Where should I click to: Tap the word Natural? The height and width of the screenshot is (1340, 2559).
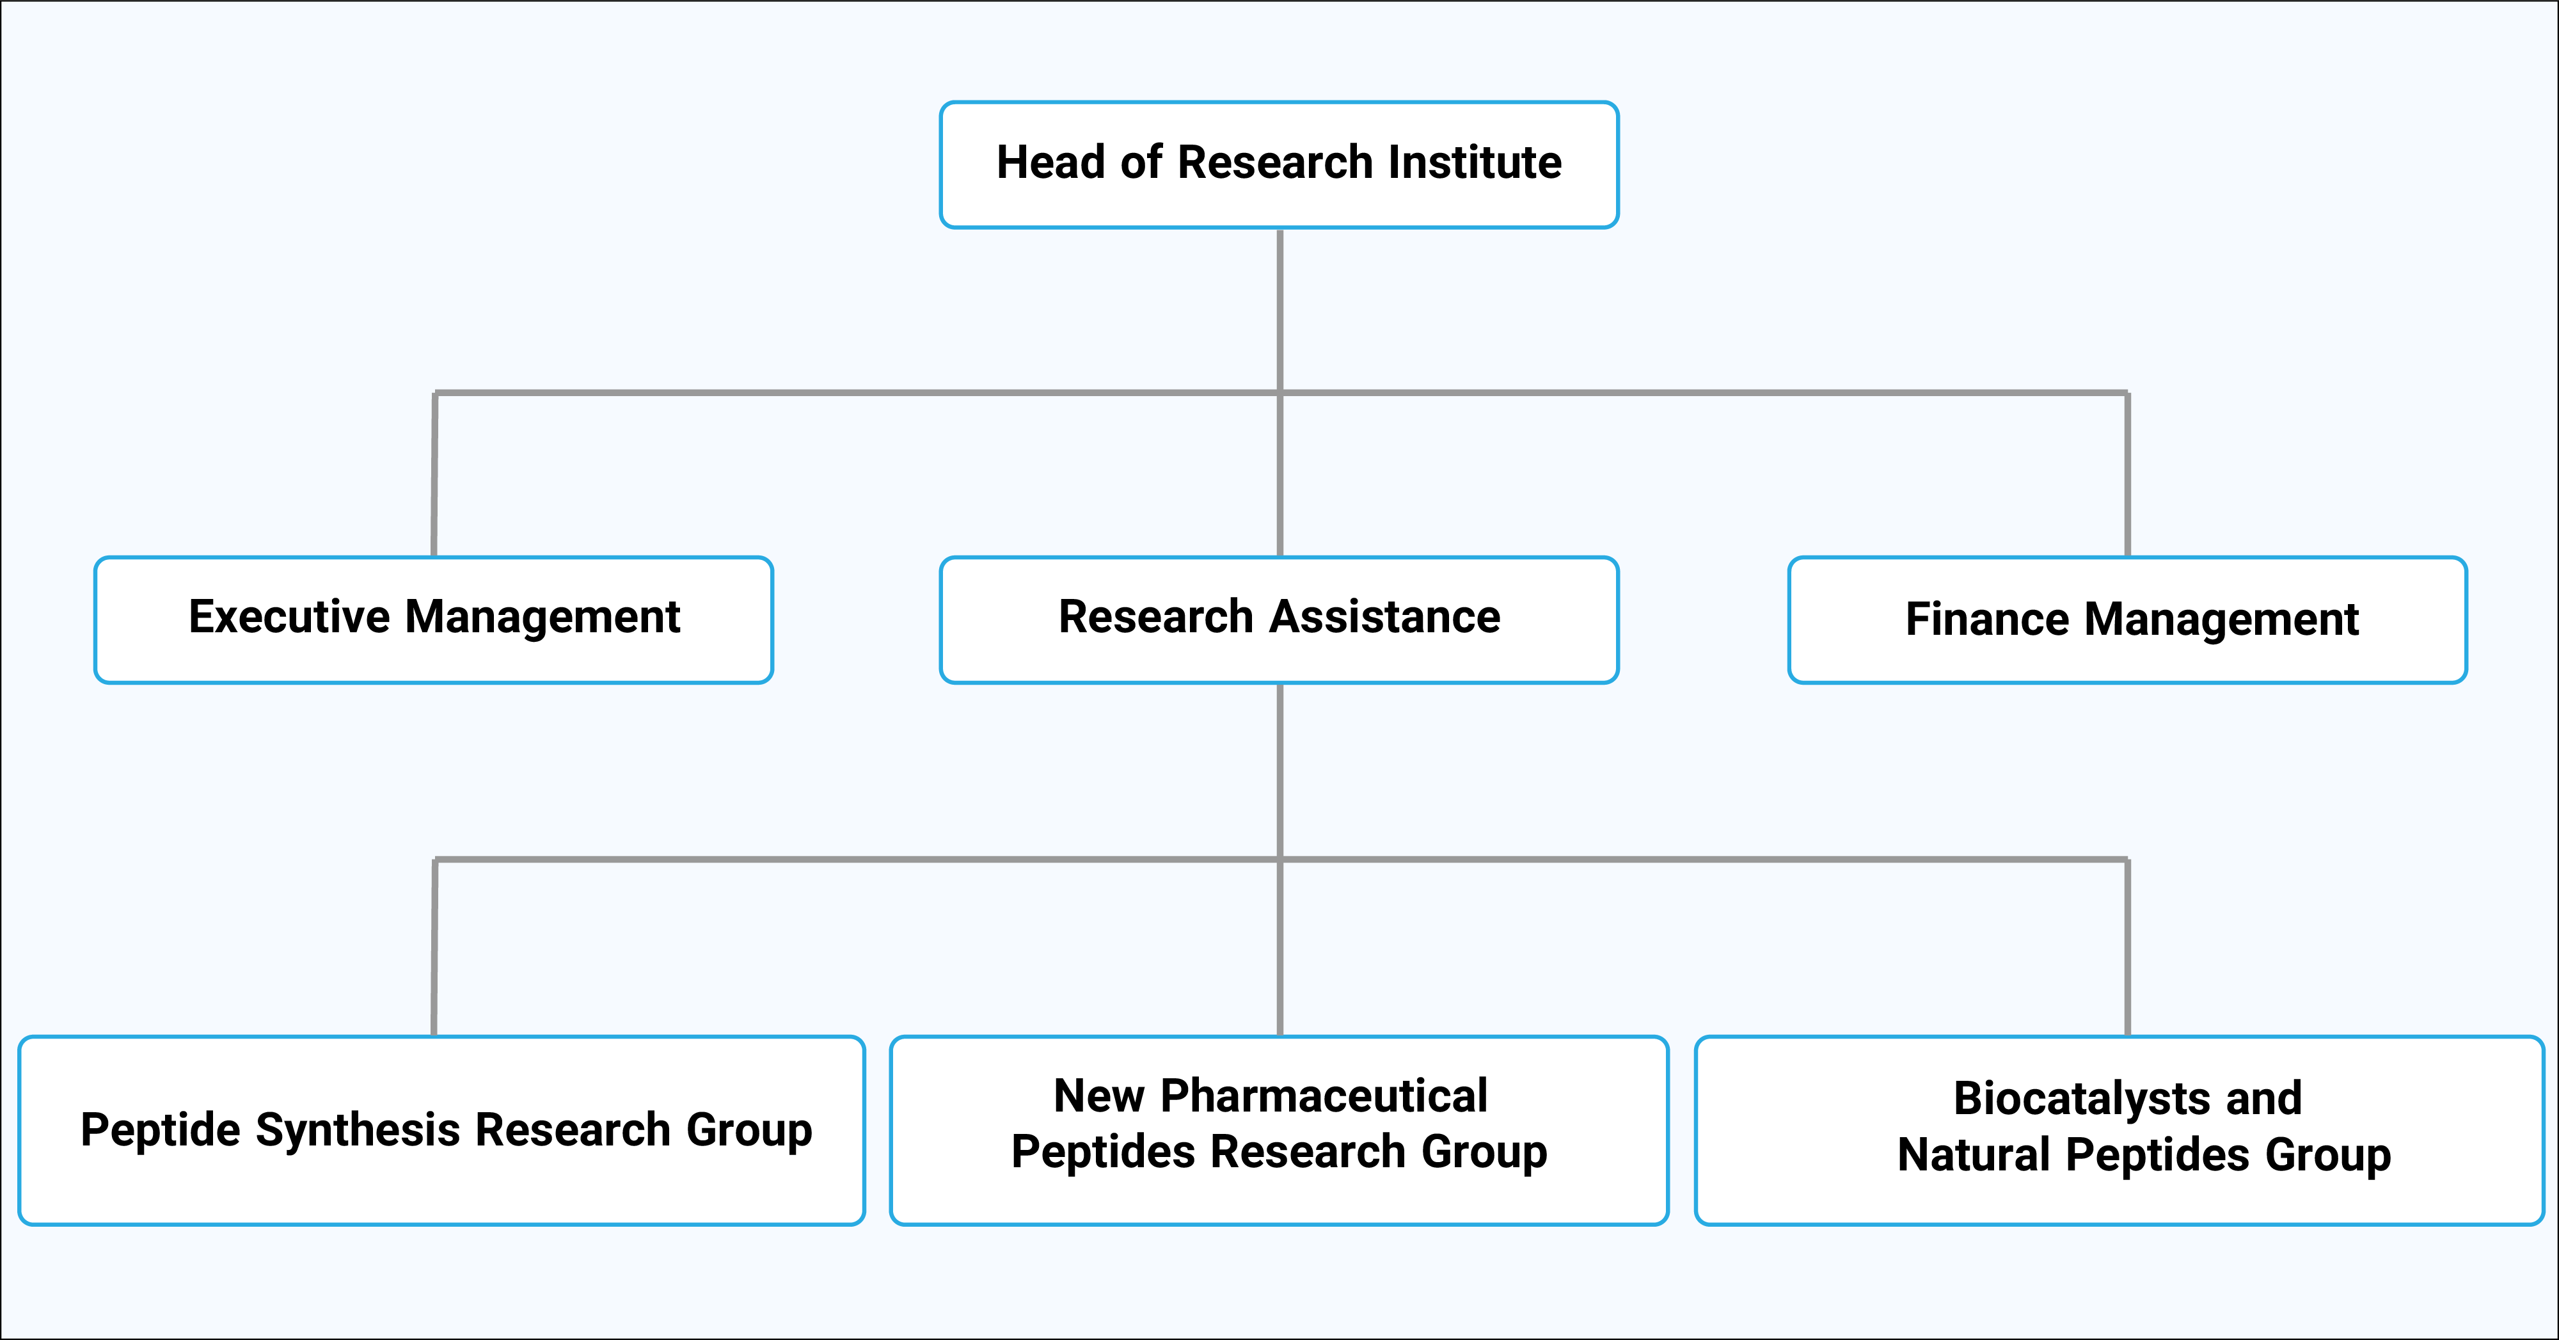(1973, 1155)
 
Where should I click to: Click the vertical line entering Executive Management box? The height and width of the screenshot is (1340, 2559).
(434, 477)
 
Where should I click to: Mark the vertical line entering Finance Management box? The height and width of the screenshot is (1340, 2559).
(2127, 477)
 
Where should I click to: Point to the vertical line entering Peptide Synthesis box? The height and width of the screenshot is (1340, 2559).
(434, 948)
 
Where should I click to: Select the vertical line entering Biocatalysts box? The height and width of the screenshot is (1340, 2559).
(2127, 948)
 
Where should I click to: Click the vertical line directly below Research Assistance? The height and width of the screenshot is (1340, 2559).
(1279, 770)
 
